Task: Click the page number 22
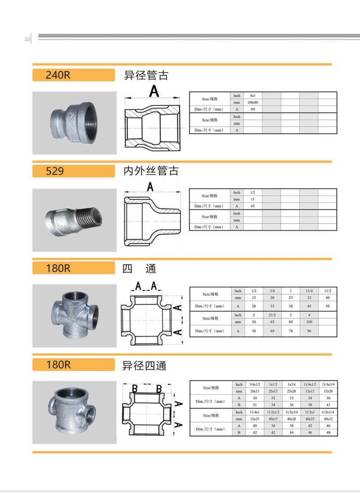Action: pyautogui.click(x=27, y=39)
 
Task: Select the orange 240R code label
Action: pyautogui.click(x=73, y=75)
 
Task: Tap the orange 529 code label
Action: pyautogui.click(x=73, y=171)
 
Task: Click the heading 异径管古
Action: pyautogui.click(x=146, y=76)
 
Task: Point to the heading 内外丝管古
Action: pyautogui.click(x=151, y=171)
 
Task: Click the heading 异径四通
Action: pyautogui.click(x=144, y=366)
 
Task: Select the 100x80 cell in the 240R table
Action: pyautogui.click(x=252, y=103)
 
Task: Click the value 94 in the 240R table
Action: pyautogui.click(x=252, y=109)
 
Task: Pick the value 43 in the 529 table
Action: pyautogui.click(x=252, y=206)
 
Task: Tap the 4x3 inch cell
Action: pyautogui.click(x=252, y=95)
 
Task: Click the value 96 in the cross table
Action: pyautogui.click(x=309, y=331)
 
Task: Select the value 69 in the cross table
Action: pyautogui.click(x=272, y=331)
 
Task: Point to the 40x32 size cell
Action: pyautogui.click(x=328, y=419)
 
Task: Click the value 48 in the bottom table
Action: pyautogui.click(x=328, y=433)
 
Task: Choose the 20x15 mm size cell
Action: pyautogui.click(x=255, y=392)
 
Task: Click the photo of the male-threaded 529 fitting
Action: pyautogui.click(x=74, y=220)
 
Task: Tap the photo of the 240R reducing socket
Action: pyautogui.click(x=74, y=123)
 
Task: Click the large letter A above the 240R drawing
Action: pyautogui.click(x=154, y=91)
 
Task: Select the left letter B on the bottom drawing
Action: pyautogui.click(x=135, y=388)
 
